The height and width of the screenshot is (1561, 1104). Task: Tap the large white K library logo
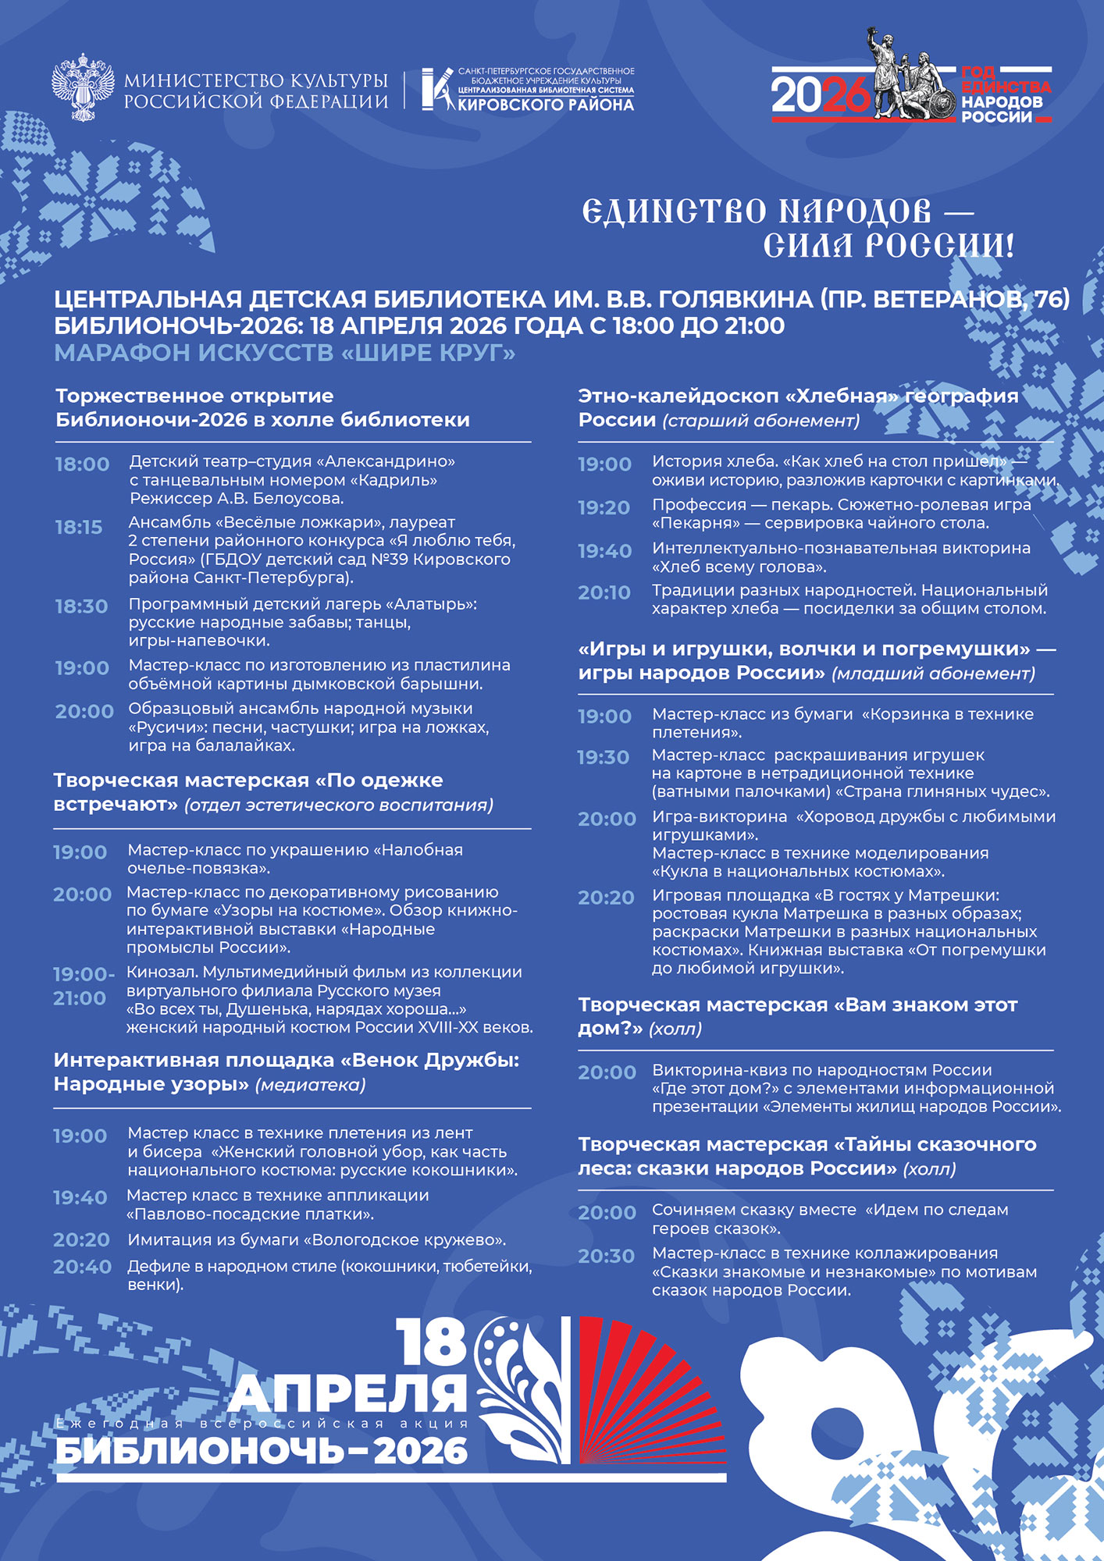[x=436, y=88]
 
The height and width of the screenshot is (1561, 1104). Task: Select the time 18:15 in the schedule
[x=79, y=528]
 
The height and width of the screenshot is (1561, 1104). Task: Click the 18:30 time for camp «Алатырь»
[x=81, y=606]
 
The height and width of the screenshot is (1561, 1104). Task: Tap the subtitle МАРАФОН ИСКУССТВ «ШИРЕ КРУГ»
[x=285, y=354]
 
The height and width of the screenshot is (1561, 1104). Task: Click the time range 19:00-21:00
[x=84, y=986]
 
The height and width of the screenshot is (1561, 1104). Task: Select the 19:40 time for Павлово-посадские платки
[x=80, y=1197]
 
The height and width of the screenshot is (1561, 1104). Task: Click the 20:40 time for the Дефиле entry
[x=82, y=1267]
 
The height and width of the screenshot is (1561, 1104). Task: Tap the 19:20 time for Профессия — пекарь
[x=604, y=508]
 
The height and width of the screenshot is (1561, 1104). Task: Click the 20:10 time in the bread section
[x=604, y=593]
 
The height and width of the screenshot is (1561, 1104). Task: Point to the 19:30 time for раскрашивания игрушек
[x=603, y=757]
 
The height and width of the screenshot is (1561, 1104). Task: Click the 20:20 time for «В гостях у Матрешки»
[x=606, y=898]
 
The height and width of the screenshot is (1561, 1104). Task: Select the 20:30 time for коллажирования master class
[x=606, y=1256]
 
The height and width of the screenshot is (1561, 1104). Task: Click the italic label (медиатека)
[x=311, y=1085]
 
